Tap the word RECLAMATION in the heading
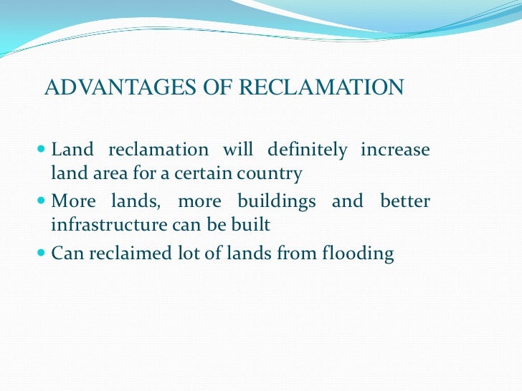pos(321,88)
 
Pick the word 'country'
pos(274,174)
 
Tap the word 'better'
pos(405,202)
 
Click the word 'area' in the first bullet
pos(108,174)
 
